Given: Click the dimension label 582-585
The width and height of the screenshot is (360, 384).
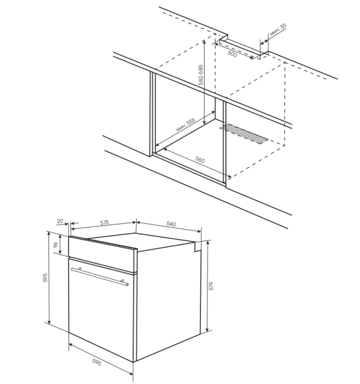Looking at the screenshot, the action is tap(201, 75).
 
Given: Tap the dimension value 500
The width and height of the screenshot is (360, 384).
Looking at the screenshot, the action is tap(232, 54).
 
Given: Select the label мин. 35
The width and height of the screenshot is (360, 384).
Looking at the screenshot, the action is tap(278, 30).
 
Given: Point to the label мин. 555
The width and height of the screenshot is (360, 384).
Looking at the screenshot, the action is tap(186, 125).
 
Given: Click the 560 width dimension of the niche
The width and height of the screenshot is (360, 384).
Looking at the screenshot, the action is tap(200, 160).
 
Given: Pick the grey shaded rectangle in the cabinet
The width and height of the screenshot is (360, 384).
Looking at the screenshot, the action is tap(244, 134).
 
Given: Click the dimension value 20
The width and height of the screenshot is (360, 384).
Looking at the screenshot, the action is tap(60, 221).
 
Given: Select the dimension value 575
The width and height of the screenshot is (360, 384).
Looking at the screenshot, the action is tap(105, 223).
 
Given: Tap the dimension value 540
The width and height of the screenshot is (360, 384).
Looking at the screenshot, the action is tap(171, 224).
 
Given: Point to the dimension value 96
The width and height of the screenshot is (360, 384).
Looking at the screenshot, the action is tap(56, 244).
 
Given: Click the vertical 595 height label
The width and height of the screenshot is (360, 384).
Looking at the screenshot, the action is tap(45, 278).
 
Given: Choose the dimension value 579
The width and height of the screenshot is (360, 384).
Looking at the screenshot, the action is tap(211, 286).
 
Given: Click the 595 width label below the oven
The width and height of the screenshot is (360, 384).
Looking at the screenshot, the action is tap(96, 362).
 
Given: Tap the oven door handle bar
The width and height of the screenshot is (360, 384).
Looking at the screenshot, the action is tap(100, 276).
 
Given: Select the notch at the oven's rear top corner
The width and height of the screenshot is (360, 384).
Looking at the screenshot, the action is tap(197, 246).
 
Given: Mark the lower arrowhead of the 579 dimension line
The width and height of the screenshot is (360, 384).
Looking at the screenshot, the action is tap(207, 330).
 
